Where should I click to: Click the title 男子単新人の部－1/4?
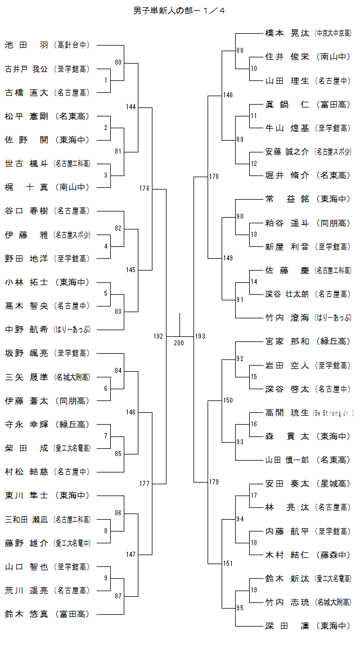point(179,10)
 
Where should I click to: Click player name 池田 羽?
point(26,45)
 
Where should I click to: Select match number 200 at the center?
point(179,343)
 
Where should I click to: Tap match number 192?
point(158,336)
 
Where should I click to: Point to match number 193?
point(200,336)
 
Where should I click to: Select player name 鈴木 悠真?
point(26,614)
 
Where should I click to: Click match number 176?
point(145,188)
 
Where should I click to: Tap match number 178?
point(214,177)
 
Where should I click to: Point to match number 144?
point(131,106)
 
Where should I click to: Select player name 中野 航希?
point(26,330)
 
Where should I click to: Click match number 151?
point(228,563)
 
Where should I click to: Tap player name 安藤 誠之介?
point(287,152)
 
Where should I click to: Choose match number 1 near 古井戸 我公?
point(106,80)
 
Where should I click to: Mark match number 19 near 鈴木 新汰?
point(254,590)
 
